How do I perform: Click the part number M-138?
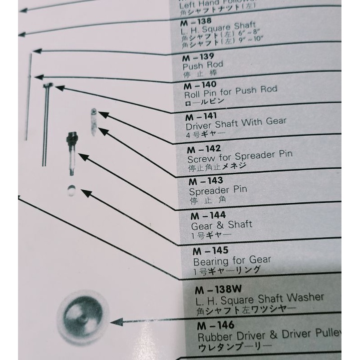tap(197, 23)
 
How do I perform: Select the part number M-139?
tap(198, 56)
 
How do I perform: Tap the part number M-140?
tap(200, 85)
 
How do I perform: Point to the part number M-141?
tap(201, 117)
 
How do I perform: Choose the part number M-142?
tap(204, 149)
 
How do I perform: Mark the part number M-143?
tap(206, 181)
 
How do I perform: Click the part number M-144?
tap(208, 216)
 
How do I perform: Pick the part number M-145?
tap(211, 250)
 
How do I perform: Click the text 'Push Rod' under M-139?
tap(202, 65)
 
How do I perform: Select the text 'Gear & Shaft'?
tap(221, 225)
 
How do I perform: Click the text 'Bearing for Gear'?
tap(232, 260)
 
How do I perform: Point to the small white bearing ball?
tap(72, 190)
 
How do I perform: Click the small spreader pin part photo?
tap(94, 120)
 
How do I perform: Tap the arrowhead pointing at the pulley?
tap(114, 322)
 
